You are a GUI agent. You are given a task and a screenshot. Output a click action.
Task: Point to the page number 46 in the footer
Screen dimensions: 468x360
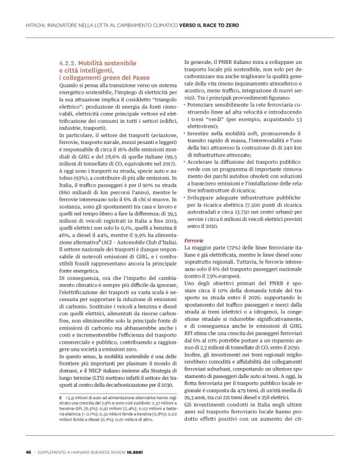[x=28, y=451]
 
